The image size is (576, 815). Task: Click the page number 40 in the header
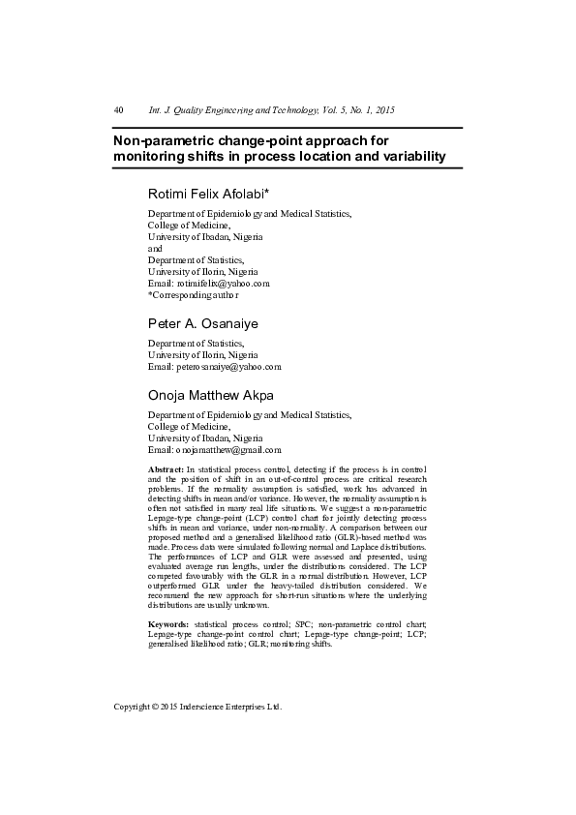click(118, 110)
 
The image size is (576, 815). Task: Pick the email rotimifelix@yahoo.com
click(222, 283)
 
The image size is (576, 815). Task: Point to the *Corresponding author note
click(193, 294)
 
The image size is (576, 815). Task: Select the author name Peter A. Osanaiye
click(202, 322)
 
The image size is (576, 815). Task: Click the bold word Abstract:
click(166, 468)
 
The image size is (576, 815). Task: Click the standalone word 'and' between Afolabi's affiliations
click(155, 248)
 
